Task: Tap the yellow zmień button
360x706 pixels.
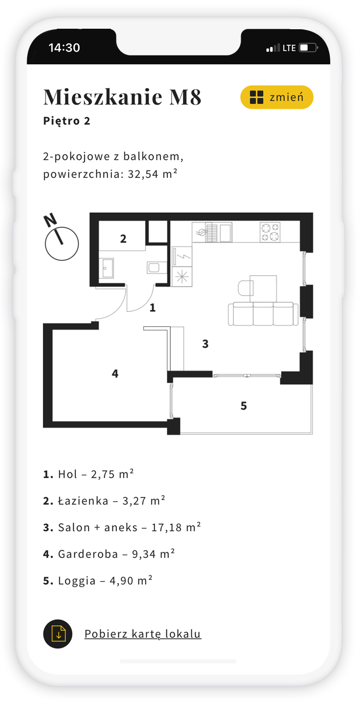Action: pos(277,97)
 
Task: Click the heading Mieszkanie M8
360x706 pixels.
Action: pos(122,97)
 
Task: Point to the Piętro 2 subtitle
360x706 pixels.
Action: pos(67,121)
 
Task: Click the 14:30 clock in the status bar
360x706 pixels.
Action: pos(64,48)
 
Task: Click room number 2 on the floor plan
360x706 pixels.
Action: pos(123,239)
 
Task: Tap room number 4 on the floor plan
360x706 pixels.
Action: pos(115,373)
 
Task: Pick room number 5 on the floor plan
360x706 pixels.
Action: pos(244,405)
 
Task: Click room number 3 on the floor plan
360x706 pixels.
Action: pos(205,344)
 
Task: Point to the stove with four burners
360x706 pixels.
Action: pos(270,232)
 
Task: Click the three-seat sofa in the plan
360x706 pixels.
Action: pos(263,313)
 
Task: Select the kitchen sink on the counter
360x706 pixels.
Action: pos(212,232)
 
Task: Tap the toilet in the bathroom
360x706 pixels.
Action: pos(154,267)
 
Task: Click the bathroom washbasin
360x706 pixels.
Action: pos(107,268)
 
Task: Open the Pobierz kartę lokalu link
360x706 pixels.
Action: pos(143,634)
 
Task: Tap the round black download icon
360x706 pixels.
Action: pos(57,634)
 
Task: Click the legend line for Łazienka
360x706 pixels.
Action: pos(104,501)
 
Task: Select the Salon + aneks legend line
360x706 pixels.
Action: pos(122,527)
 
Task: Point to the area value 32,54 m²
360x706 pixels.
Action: pos(153,174)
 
